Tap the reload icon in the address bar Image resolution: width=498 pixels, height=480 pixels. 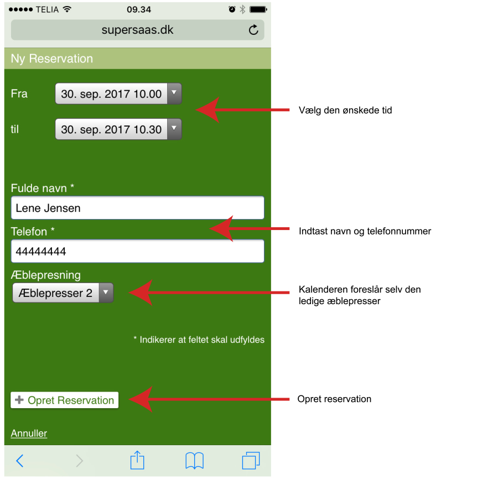tap(253, 30)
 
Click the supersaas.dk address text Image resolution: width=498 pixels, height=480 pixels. tap(137, 30)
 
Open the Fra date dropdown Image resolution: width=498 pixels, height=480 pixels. tap(118, 94)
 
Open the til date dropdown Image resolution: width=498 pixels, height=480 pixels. tap(118, 130)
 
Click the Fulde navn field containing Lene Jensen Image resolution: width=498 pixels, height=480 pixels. tap(137, 208)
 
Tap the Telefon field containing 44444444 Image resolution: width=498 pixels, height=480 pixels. tap(137, 252)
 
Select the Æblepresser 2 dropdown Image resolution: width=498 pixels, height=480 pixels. tap(63, 293)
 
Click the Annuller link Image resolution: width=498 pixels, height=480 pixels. tap(29, 434)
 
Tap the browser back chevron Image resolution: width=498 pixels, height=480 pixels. tap(20, 461)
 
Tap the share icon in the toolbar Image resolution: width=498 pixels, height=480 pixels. tap(137, 460)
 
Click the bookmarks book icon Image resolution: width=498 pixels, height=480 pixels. tap(194, 460)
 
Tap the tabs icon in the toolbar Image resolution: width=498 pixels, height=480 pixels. tap(251, 460)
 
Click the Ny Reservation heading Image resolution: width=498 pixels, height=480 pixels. tap(52, 59)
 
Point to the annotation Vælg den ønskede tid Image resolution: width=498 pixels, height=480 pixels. tap(345, 111)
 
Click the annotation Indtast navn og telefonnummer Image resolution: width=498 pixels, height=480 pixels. tap(365, 231)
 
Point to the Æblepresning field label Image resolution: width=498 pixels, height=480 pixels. tap(46, 275)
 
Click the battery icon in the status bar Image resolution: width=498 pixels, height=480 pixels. tap(257, 9)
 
